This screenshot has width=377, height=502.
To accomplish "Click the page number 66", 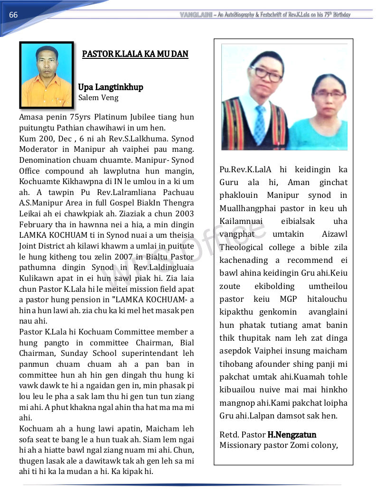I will pos(13,15).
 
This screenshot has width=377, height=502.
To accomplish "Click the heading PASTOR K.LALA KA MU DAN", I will pos(135,54).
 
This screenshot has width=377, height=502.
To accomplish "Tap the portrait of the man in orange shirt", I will pos(47,74).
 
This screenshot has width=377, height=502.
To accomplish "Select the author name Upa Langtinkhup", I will pos(111,87).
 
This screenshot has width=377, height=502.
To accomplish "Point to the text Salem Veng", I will pos(98,98).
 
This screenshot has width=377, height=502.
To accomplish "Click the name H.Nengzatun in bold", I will pos(292,435).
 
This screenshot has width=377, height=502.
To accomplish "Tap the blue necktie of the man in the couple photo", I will pos(260,125).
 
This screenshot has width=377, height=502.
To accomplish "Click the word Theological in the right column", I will pos(241,247).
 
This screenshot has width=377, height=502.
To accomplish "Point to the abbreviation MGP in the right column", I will pos(289,299).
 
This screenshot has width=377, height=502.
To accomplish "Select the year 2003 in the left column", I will pos(184,214).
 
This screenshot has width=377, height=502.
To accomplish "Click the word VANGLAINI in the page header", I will pos(196,15).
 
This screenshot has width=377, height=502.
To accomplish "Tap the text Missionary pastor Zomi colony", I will pos(279,445).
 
